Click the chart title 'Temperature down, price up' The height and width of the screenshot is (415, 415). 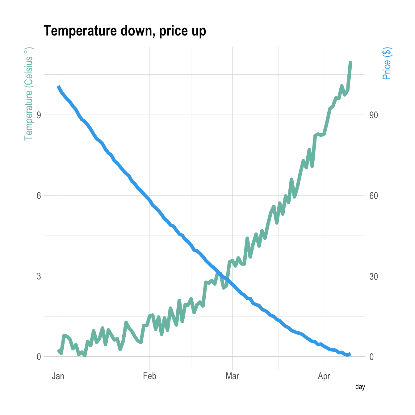coord(125,31)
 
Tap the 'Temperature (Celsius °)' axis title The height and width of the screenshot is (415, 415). coord(28,94)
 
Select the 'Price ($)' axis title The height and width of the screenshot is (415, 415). coord(387,64)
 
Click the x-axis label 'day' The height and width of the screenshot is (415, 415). coord(360,387)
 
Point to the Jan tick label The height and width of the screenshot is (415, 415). coord(58,376)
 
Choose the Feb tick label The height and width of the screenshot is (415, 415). coord(150,376)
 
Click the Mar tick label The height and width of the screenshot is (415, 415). coord(232,376)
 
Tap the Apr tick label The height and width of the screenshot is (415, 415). coord(324,376)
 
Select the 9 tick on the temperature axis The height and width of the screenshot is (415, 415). coord(39,115)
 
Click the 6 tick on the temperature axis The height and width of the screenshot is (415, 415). coord(39,196)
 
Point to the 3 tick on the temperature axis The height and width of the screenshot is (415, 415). coord(39,276)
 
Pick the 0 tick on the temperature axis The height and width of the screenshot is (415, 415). coord(39,357)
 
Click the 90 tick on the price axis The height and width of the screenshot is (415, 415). coord(374,115)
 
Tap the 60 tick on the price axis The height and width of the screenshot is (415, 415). coord(374,196)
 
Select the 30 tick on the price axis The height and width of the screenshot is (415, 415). coord(374,276)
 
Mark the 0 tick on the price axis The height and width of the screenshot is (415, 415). coord(371,357)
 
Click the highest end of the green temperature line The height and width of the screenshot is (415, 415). coord(350,62)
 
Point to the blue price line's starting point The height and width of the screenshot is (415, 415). coord(58,87)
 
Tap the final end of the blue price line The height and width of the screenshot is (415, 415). coord(350,354)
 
